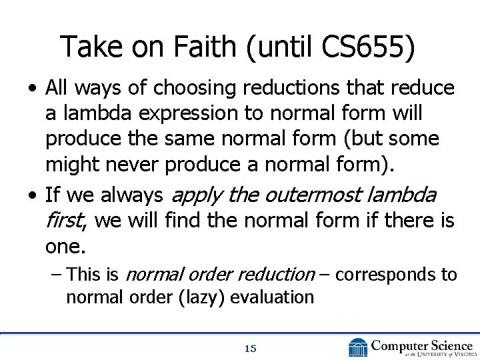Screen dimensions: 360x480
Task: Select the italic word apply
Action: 196,196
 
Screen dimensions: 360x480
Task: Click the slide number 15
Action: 250,348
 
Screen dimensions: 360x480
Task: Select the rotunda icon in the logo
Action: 357,347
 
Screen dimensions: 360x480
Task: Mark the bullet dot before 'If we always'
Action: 32,196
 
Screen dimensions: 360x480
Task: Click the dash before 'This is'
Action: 58,274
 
